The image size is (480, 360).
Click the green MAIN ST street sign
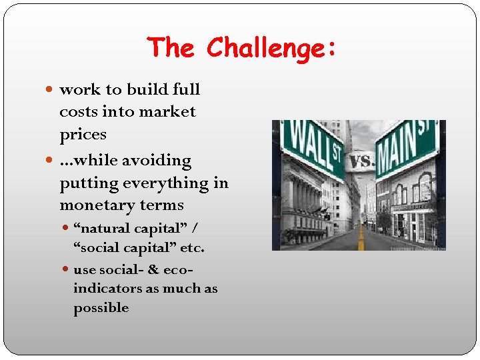click(x=406, y=147)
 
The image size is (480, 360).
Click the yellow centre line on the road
click(x=361, y=236)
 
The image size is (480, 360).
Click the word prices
click(x=83, y=135)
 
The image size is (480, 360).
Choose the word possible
click(x=101, y=308)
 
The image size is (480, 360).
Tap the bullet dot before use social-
click(x=65, y=270)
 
